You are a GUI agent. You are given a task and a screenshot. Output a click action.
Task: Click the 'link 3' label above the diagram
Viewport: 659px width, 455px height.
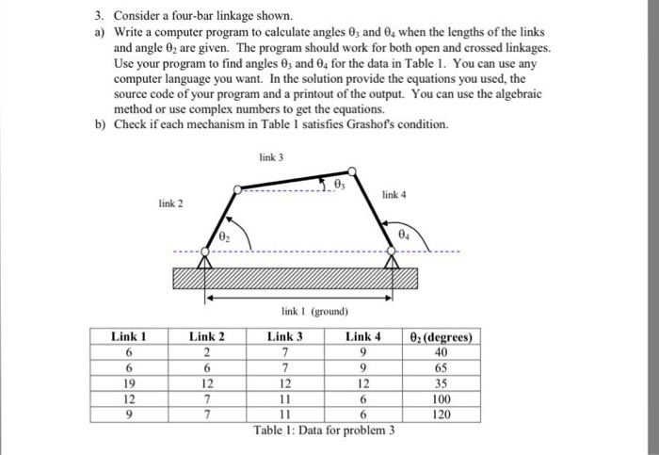pos(269,156)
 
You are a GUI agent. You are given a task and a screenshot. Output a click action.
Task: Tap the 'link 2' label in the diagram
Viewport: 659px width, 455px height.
pos(170,203)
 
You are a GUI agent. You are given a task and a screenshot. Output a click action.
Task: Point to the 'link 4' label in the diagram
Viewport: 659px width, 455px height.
pos(394,194)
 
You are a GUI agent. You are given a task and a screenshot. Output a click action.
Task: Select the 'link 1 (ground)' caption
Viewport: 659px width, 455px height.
pos(314,310)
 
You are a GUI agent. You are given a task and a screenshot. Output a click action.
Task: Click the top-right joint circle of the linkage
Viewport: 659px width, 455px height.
pos(351,171)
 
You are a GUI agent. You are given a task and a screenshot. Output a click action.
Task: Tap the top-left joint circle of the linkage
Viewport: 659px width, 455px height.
pos(237,189)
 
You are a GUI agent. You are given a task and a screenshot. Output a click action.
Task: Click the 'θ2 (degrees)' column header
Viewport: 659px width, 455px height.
pos(442,336)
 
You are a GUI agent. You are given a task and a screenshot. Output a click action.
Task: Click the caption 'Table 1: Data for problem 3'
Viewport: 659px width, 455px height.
pos(324,431)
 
